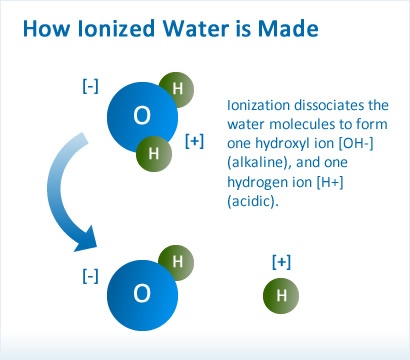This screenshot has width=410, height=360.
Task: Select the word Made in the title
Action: pos(284,31)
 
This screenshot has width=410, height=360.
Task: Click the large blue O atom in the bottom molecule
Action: pos(142,293)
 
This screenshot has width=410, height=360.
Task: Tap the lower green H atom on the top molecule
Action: pos(153,153)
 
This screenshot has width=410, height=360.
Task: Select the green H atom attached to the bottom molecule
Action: pos(177,263)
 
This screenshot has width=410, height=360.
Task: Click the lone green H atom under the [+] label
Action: pos(280,297)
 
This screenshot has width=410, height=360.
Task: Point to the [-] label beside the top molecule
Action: pos(89,87)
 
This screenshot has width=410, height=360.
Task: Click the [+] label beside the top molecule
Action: pos(195,141)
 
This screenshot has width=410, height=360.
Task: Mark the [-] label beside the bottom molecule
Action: pos(89,273)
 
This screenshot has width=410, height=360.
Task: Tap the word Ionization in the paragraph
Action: pos(262,105)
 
